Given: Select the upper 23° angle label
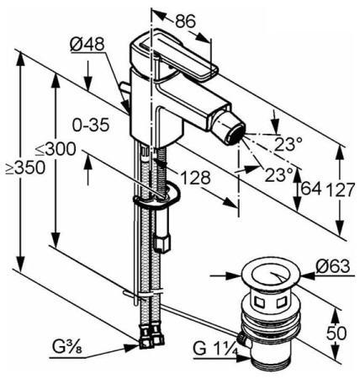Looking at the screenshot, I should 287,143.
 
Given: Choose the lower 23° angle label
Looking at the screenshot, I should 279,174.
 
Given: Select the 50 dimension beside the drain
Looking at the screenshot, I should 336,334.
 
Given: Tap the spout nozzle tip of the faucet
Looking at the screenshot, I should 233,132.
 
